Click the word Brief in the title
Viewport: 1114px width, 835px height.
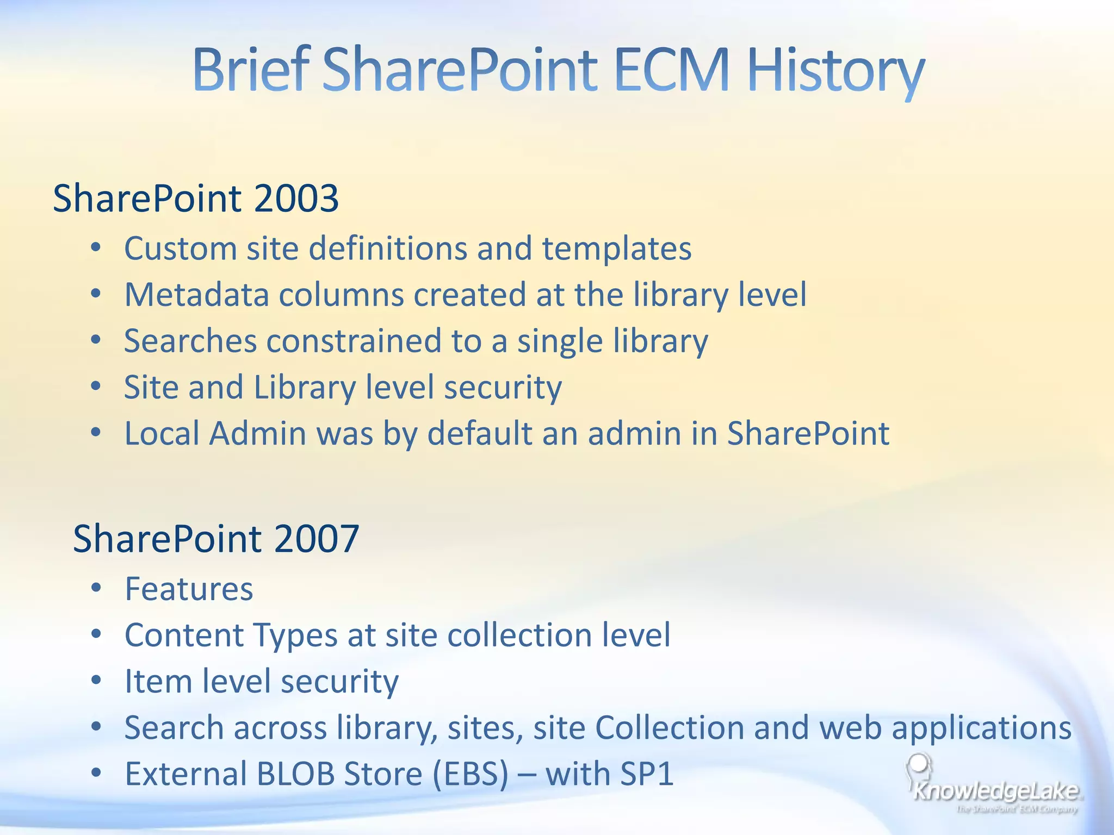coord(250,71)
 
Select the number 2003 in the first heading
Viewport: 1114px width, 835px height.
coord(296,198)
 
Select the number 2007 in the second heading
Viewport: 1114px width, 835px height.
coord(316,539)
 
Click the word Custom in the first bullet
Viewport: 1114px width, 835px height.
coord(180,249)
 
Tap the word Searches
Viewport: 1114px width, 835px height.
coord(190,341)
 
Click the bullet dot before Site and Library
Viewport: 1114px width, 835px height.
coord(96,387)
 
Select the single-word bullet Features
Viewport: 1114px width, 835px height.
coord(189,589)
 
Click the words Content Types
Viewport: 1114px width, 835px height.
coord(231,635)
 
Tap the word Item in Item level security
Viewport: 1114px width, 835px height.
coord(158,681)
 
